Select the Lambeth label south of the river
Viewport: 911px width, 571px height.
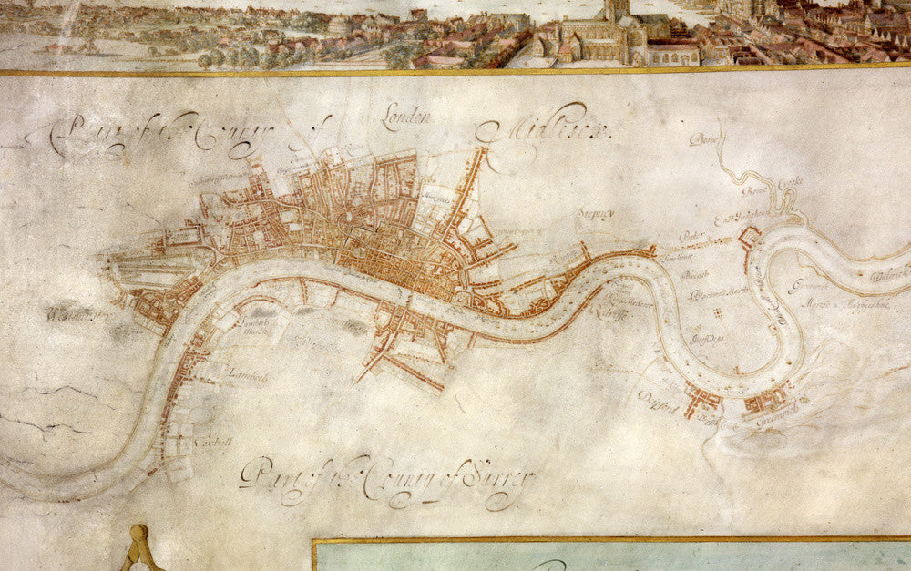247,372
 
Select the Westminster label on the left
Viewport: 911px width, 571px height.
77,317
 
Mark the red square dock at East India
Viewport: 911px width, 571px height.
750,238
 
